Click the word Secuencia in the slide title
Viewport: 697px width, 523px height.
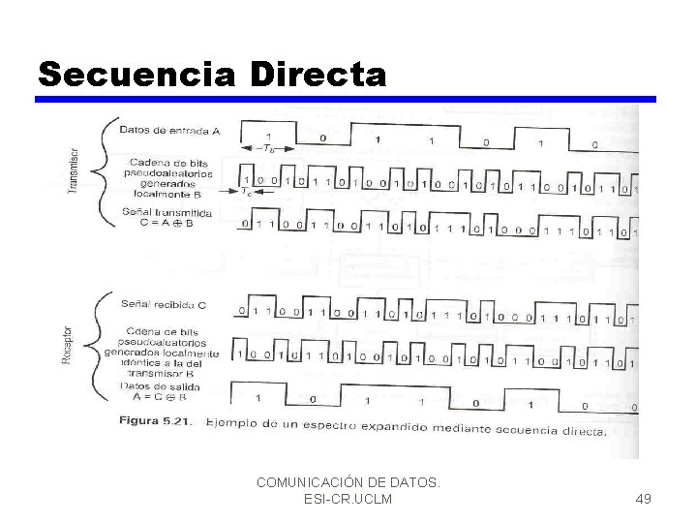click(x=136, y=74)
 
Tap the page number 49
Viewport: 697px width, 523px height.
click(x=643, y=499)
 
